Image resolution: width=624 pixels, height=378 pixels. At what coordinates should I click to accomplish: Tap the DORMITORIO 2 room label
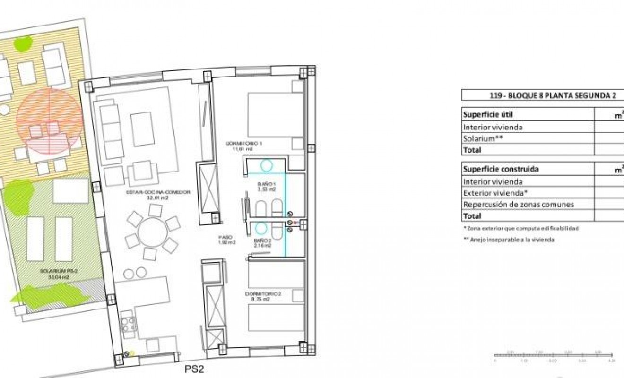[263, 296]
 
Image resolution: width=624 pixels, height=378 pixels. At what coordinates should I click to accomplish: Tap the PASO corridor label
[226, 240]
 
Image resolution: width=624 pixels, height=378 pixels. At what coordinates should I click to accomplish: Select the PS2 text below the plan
[194, 369]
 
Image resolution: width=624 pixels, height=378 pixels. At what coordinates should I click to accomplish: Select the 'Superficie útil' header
[488, 114]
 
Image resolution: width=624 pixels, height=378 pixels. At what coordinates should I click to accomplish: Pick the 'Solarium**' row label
[482, 138]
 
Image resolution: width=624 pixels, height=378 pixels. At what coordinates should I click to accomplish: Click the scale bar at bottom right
[553, 355]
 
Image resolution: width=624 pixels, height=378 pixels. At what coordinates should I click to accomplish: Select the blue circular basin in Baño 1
[266, 165]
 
